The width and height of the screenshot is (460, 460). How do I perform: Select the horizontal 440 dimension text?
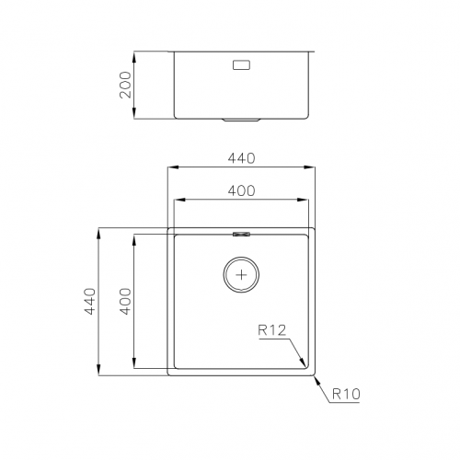pyautogui.click(x=241, y=158)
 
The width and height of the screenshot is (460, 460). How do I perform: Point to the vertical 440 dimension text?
pyautogui.click(x=89, y=302)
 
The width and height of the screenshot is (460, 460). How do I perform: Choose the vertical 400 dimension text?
pyautogui.click(x=124, y=302)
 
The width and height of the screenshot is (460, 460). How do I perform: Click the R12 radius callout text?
pyautogui.click(x=273, y=329)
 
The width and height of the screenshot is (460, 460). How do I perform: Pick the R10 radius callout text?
pyautogui.click(x=344, y=394)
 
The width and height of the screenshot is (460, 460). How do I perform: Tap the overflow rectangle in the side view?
pyautogui.click(x=244, y=65)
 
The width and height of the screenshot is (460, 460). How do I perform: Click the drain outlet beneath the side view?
pyautogui.click(x=244, y=120)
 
